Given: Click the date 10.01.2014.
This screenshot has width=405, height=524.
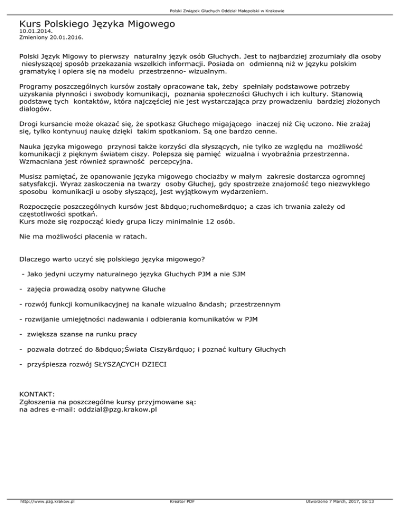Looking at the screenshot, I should pyautogui.click(x=34, y=32).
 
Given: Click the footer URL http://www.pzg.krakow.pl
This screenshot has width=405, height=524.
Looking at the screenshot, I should pyautogui.click(x=46, y=502).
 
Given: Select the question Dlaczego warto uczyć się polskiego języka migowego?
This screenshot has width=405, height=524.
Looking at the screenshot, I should pyautogui.click(x=112, y=259).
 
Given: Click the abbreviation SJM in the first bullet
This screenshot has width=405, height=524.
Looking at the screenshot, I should pyautogui.click(x=237, y=274).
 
